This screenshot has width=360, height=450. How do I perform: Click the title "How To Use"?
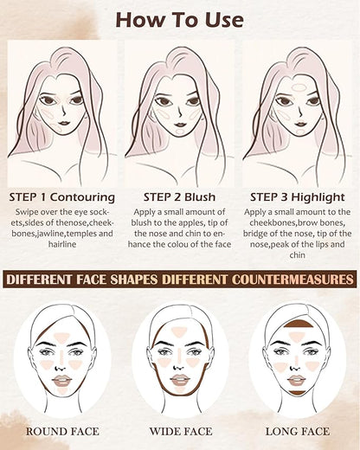coord(180,19)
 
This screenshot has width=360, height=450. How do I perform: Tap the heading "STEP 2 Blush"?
coord(179,196)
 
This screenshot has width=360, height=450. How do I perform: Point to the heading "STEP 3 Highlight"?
coord(297,196)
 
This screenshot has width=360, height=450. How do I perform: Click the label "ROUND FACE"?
coord(62,430)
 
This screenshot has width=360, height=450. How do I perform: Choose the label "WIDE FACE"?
coord(180,430)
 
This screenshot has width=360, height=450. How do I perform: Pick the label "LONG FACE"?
coord(296,430)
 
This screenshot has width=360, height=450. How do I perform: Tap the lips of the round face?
coord(61,380)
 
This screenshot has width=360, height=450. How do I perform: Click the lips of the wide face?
coord(179,380)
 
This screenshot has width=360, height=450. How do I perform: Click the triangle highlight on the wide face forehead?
coord(179,331)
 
